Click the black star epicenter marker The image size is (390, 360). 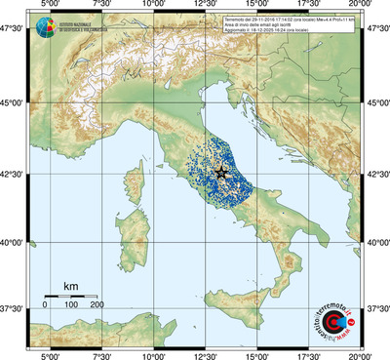220,172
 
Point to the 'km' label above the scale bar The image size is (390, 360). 70,285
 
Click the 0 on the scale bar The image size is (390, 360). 45,304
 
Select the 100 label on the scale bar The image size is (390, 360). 70,304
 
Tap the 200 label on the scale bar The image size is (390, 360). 97,304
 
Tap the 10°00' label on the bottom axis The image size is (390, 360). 154,355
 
